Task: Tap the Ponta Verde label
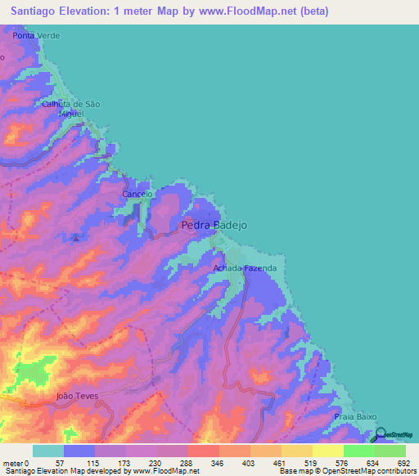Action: (37, 36)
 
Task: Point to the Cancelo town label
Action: (137, 194)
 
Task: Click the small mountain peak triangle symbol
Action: (75, 238)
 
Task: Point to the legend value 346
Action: (218, 462)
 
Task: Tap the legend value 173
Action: (124, 462)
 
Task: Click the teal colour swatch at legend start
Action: (48, 451)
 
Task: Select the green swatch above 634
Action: (359, 451)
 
